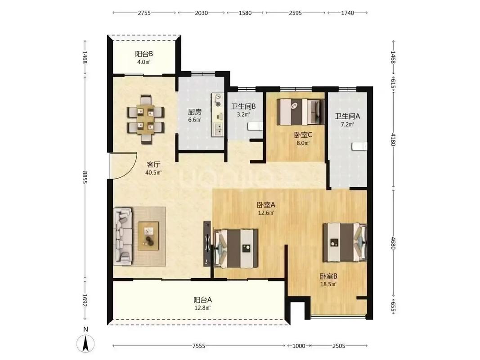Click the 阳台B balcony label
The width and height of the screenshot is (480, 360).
coord(144,54)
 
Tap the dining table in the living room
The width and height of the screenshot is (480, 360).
coord(146,119)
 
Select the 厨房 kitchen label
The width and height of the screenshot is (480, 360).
coord(195,112)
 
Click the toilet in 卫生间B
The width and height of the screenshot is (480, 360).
coord(255,126)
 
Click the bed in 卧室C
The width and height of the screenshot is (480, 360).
coord(301,112)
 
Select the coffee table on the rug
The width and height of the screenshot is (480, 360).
coord(148,236)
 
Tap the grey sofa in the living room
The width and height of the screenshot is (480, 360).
coord(123,236)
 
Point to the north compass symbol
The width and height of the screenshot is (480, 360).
coord(86,342)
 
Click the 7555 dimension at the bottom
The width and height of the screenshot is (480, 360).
coord(199,346)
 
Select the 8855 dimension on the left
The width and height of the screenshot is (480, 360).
coord(85,177)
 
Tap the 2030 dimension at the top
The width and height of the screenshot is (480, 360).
coord(201,13)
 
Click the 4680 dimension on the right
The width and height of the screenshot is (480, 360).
coord(393,243)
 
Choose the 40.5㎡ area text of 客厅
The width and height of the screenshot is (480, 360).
coord(153,173)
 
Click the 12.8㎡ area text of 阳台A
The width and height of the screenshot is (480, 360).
coord(202,308)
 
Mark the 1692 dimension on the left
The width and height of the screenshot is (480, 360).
coord(85,301)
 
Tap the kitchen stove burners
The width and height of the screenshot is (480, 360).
coord(218,100)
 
